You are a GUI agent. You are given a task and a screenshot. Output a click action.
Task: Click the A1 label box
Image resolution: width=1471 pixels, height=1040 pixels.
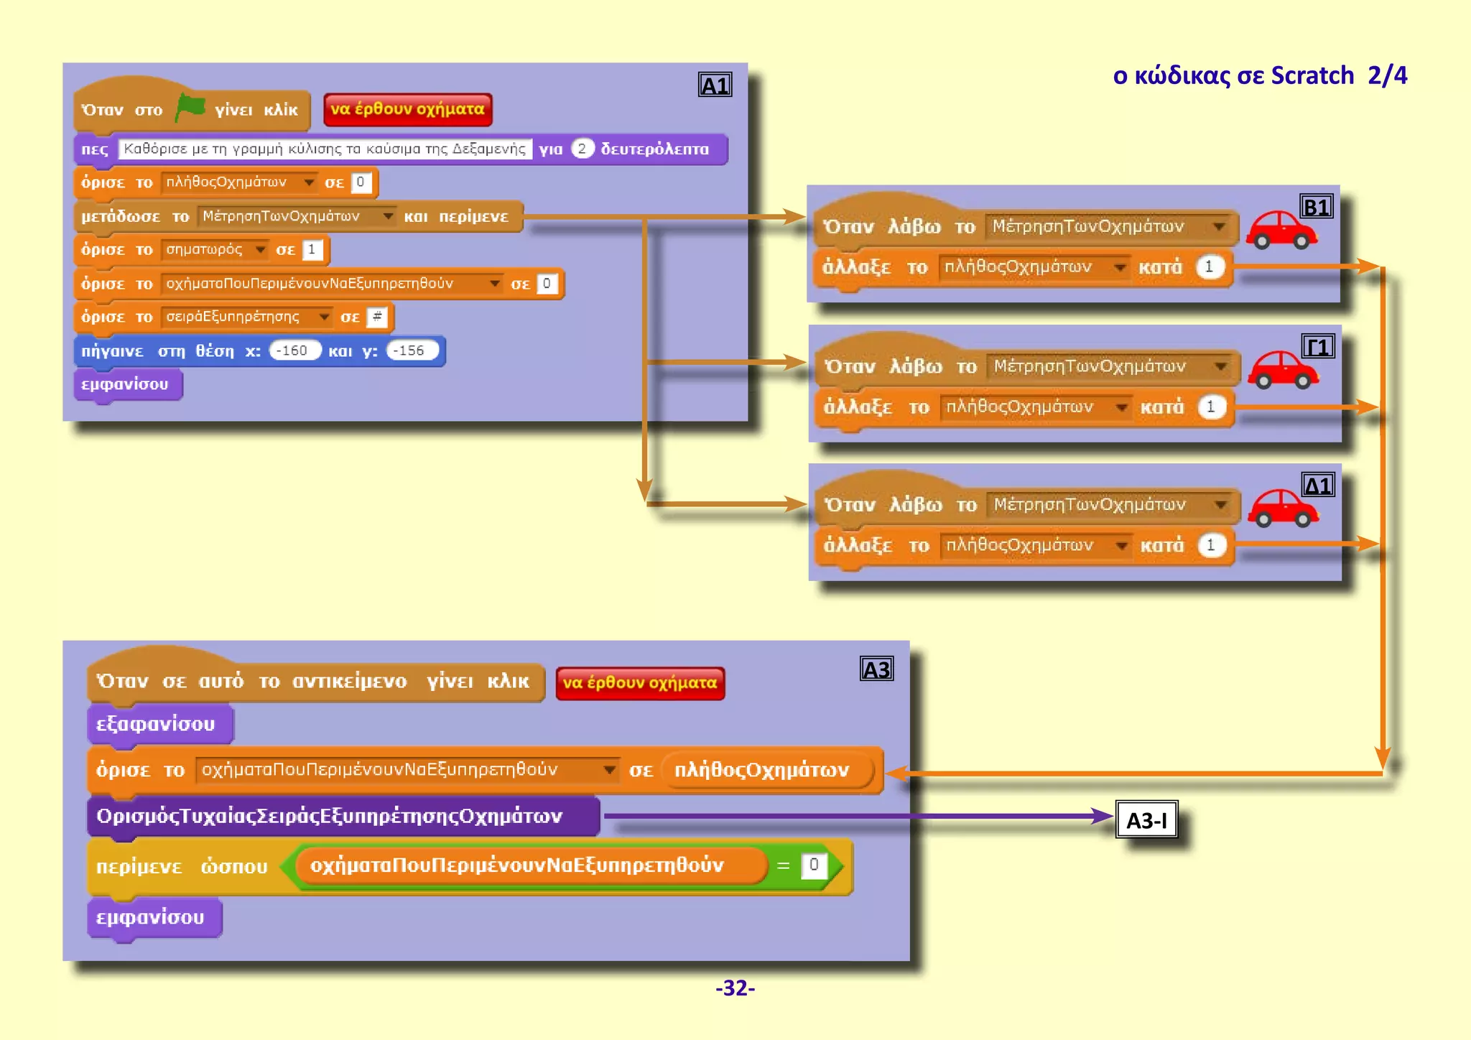(715, 85)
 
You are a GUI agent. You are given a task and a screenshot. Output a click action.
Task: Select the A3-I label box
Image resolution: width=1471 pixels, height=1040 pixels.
(1146, 820)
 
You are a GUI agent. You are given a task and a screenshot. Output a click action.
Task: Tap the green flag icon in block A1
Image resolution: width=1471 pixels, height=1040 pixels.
(190, 108)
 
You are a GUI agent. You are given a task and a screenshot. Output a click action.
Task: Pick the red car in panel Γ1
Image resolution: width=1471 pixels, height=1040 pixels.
(1282, 369)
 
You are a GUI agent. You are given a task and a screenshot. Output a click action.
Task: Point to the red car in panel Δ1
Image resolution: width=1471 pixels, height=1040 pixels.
(1282, 508)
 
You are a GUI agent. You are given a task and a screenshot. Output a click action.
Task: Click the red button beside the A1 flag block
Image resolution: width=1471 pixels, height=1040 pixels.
(407, 109)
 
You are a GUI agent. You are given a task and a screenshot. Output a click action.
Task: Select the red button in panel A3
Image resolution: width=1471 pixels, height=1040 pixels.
(639, 682)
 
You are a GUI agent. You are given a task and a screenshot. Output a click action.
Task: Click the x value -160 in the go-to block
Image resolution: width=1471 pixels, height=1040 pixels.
(294, 350)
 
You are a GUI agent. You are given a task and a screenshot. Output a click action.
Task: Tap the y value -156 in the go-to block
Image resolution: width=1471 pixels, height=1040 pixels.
(412, 350)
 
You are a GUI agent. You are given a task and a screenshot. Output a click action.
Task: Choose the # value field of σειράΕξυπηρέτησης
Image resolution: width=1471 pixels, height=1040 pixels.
(377, 317)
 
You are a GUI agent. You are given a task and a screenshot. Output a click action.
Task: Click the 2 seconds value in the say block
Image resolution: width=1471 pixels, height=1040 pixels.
(582, 149)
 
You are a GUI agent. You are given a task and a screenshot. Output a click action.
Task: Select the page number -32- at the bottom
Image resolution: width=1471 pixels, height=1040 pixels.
(735, 988)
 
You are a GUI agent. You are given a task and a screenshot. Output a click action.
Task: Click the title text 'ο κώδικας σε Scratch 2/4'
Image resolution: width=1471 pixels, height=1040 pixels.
(1259, 75)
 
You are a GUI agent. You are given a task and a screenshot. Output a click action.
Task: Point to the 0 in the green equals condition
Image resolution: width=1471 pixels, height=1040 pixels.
(813, 865)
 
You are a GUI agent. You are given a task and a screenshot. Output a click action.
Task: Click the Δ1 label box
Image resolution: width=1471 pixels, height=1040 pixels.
(1318, 486)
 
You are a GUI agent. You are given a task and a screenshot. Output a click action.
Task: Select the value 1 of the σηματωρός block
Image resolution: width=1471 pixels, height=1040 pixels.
(312, 249)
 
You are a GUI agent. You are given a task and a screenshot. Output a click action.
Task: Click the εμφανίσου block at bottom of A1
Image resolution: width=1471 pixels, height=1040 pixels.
(126, 384)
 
